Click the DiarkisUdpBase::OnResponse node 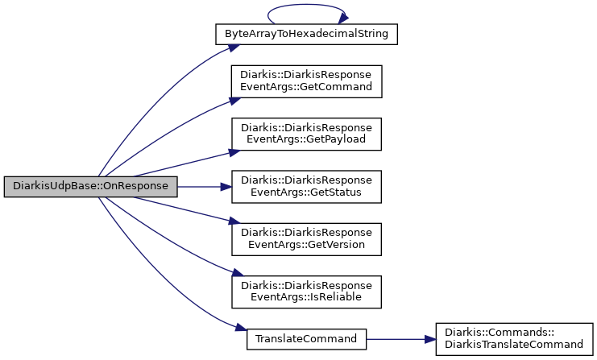point(90,187)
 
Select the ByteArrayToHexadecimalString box point(306,35)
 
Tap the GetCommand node point(306,81)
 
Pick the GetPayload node point(306,134)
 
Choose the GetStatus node point(306,187)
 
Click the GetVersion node point(306,239)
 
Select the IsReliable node point(306,292)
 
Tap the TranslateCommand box point(306,339)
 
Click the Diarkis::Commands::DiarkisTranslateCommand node point(514,339)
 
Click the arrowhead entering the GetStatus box point(226,187)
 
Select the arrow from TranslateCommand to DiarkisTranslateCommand point(401,339)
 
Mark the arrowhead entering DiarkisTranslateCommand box point(430,339)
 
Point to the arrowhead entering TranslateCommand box point(242,328)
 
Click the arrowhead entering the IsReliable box point(238,273)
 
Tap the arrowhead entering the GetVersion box point(234,221)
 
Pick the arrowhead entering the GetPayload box point(234,152)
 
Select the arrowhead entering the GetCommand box point(235,101)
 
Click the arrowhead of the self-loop point(343,18)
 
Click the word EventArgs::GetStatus point(306,192)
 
